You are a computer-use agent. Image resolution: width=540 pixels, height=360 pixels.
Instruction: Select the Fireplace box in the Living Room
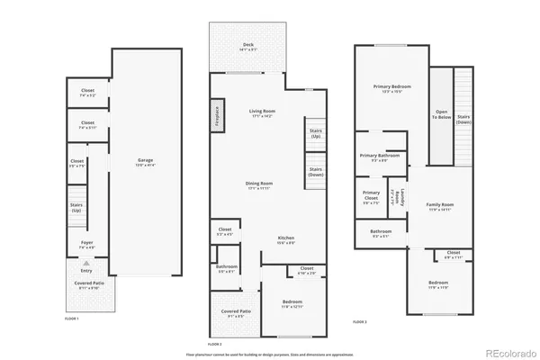coord(217,117)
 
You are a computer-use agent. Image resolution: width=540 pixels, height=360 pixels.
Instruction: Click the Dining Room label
coord(259,185)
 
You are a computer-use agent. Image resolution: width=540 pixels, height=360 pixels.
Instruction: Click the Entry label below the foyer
coord(86,269)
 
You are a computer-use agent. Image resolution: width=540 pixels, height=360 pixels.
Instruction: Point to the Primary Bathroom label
coord(379,157)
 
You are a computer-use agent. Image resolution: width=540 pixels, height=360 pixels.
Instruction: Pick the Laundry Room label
coord(392,198)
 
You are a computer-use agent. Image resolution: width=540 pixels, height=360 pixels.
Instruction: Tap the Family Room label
coord(440,207)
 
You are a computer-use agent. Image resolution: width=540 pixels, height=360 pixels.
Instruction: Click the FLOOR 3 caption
coord(359,321)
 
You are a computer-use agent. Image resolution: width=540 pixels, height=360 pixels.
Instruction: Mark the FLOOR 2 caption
coord(214,345)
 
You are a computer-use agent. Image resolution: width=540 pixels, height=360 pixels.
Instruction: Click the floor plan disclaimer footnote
coord(270,353)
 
